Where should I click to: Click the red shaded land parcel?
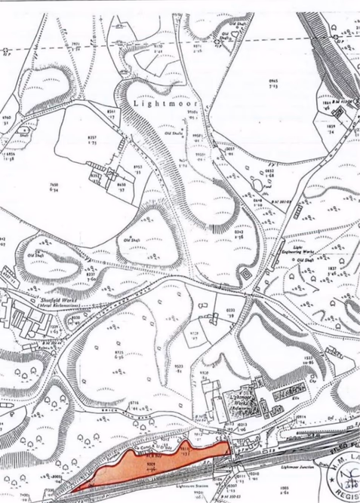[x=158, y=465]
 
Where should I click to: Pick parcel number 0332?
[x=231, y=309]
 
